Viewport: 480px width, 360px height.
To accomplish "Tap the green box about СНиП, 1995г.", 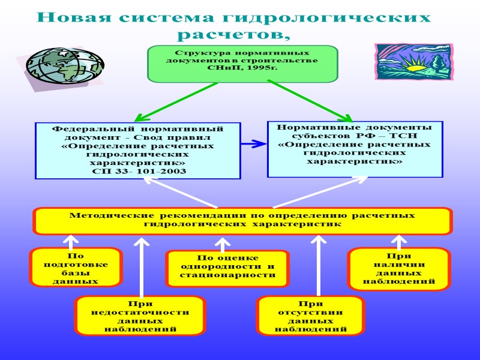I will click(242, 63).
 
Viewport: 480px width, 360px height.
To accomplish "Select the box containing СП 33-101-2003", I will click(138, 151).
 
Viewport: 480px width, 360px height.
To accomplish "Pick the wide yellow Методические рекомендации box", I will click(242, 220).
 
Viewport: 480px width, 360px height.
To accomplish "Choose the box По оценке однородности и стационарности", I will click(227, 266).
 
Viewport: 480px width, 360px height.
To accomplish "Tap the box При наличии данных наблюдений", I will click(399, 268).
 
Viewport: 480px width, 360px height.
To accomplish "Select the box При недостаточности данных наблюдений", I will click(140, 316).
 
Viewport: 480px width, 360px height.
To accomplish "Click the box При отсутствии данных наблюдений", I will click(310, 316).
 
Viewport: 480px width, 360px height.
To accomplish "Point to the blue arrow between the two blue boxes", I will click(254, 144).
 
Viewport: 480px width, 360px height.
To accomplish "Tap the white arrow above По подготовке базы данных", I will click(70, 242).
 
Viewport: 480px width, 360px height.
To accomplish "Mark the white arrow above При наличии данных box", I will click(400, 241).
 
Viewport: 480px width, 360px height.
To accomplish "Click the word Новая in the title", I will click(71, 17).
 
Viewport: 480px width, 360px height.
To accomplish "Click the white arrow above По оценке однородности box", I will click(223, 245).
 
